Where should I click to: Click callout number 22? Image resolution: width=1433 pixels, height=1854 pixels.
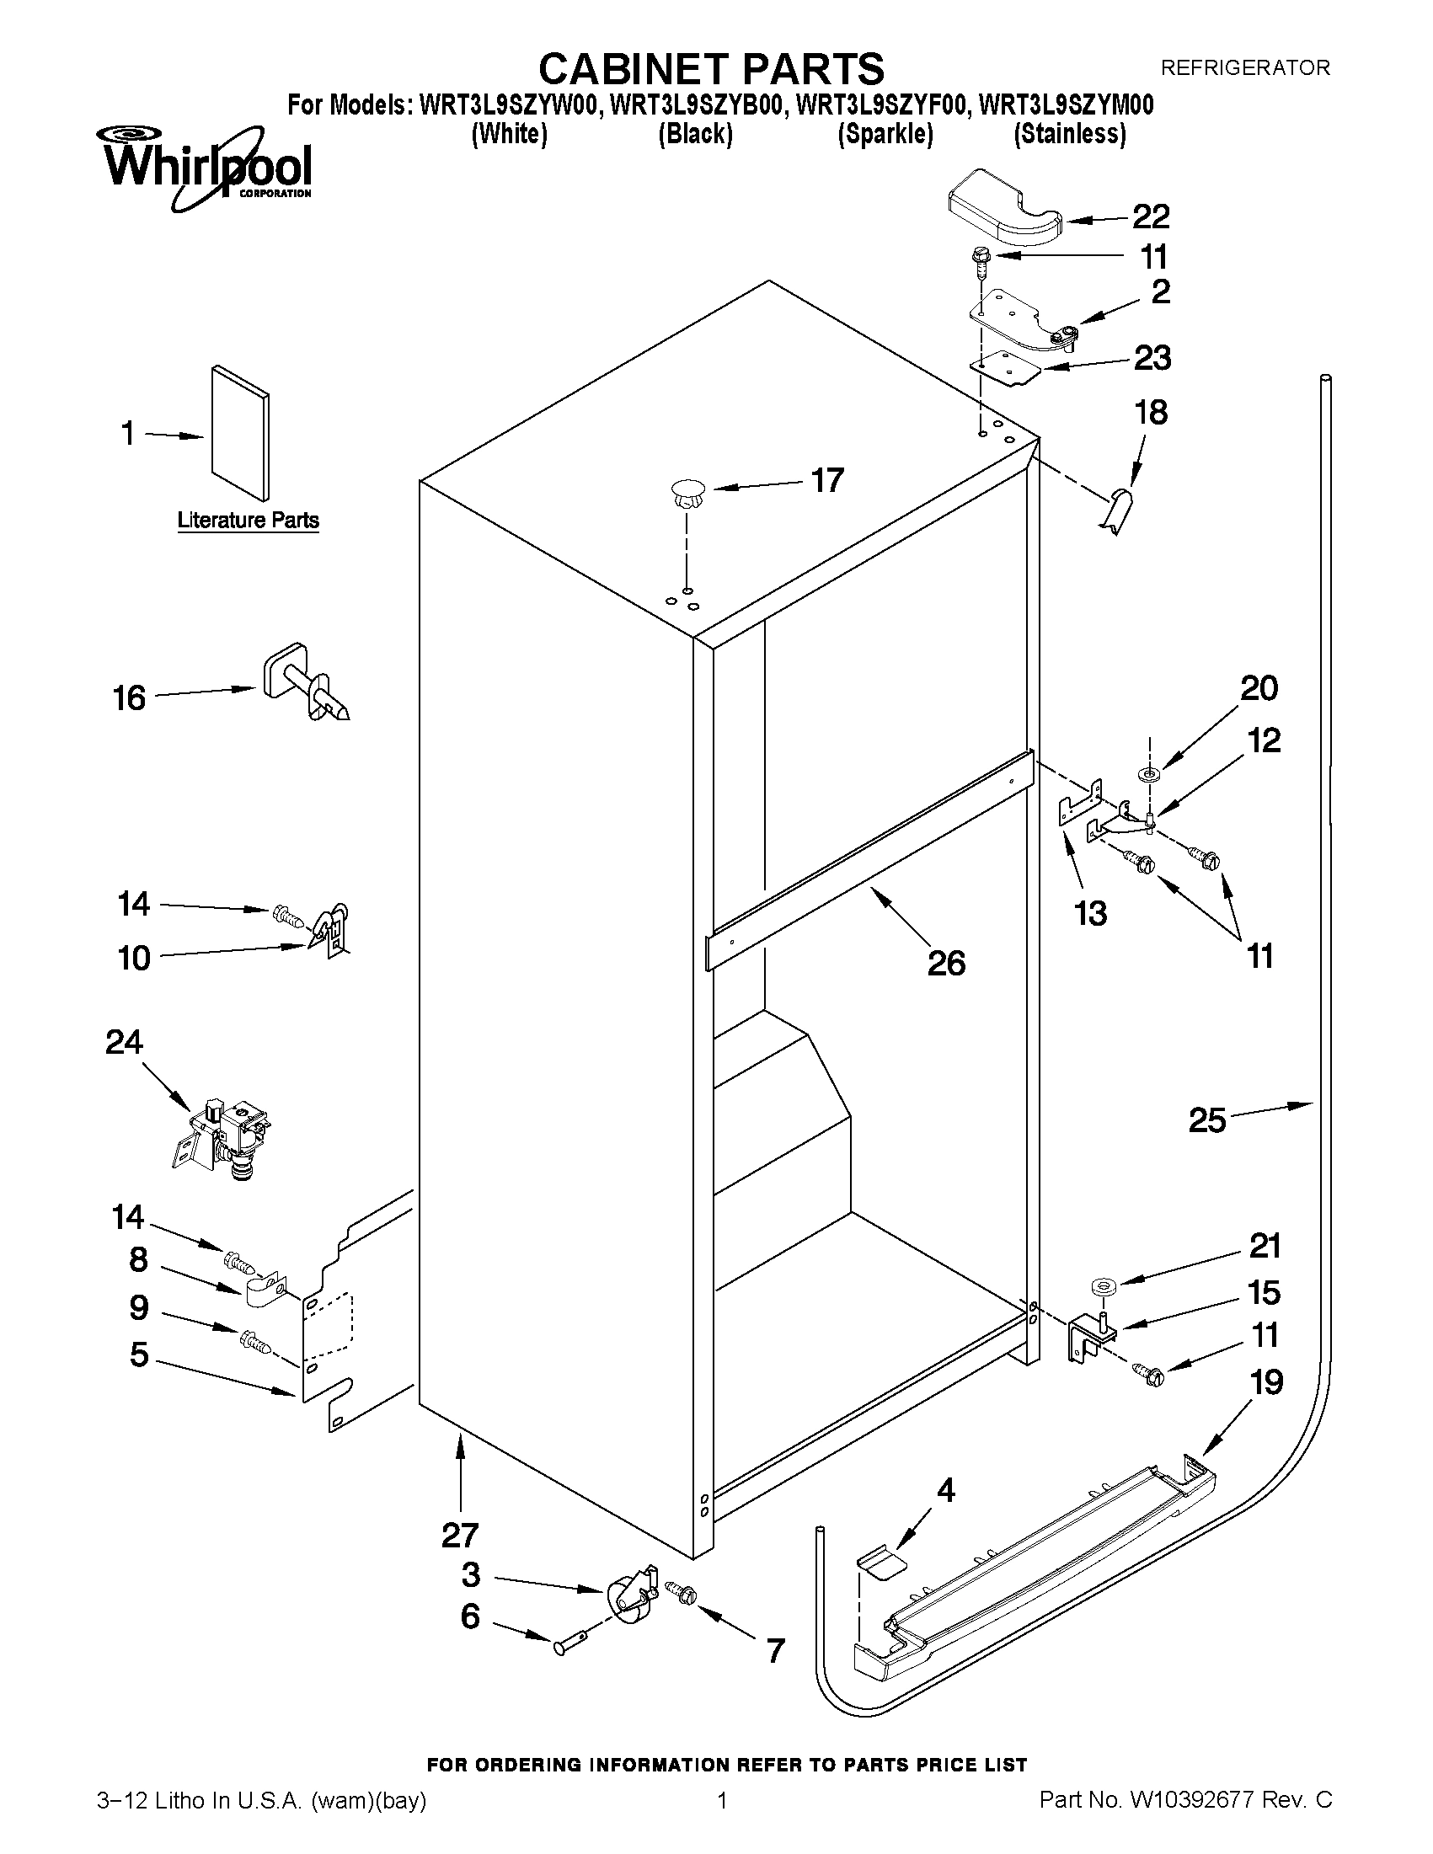click(1150, 217)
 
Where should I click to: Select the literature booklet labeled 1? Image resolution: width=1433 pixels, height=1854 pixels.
click(240, 433)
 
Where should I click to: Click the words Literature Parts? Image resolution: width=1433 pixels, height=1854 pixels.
click(248, 521)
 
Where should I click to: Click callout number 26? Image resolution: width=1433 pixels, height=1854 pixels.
click(946, 964)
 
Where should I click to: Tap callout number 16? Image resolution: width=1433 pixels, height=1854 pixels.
click(130, 698)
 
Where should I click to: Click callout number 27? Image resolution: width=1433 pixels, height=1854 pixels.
click(460, 1536)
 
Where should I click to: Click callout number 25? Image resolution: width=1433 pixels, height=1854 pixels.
click(1206, 1120)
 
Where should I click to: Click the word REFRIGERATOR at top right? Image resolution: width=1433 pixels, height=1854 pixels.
click(1244, 68)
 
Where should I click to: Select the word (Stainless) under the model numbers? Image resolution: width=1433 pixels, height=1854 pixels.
click(1070, 134)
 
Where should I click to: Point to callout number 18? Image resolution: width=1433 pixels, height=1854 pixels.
click(1150, 413)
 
